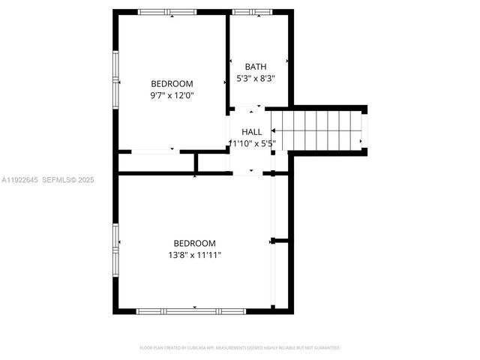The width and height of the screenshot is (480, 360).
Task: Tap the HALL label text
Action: coord(252,132)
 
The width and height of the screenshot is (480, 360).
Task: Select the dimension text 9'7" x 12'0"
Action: coord(172,95)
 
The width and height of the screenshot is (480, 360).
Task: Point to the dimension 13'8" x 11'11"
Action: coord(194,255)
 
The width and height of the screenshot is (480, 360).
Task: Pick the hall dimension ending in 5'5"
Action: coord(253,143)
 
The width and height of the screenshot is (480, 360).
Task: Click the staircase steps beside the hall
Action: coord(323,130)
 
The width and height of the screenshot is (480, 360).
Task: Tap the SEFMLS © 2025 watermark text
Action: coord(67,180)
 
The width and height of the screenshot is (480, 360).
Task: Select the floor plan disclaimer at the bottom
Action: coord(240,348)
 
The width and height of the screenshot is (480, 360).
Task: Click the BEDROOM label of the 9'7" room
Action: coord(172,84)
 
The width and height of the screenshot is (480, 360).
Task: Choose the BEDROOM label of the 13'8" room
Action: coord(194,243)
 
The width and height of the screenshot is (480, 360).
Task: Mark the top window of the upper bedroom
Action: coord(167,12)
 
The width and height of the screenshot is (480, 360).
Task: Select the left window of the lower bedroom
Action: coord(115,248)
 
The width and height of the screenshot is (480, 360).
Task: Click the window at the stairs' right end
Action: coord(365,130)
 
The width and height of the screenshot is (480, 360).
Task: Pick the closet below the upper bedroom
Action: coord(156,162)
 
